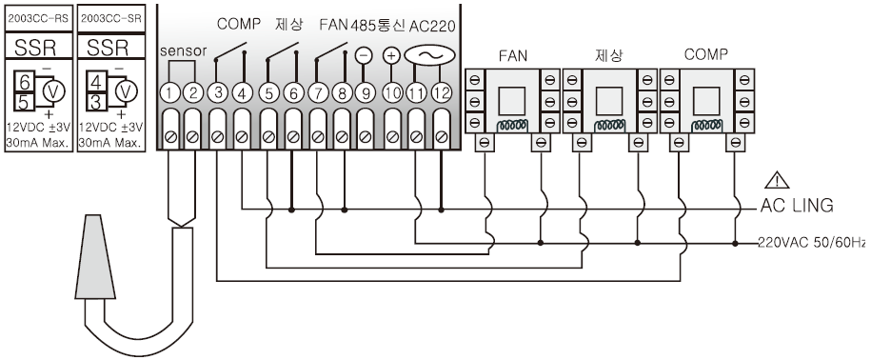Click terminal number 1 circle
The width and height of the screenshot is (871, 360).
[x=168, y=93]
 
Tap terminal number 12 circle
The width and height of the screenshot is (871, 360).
[x=441, y=93]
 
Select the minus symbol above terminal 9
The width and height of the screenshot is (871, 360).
[x=364, y=55]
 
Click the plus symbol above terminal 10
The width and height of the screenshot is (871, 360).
[x=391, y=55]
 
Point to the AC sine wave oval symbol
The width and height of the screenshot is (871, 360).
[x=429, y=55]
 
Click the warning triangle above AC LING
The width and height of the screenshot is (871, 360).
[x=777, y=180]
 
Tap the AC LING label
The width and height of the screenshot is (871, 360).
[x=797, y=206]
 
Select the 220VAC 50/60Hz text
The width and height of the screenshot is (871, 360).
[x=812, y=243]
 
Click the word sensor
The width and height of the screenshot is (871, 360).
[x=184, y=51]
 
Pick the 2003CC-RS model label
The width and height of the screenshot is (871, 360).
[x=38, y=18]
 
